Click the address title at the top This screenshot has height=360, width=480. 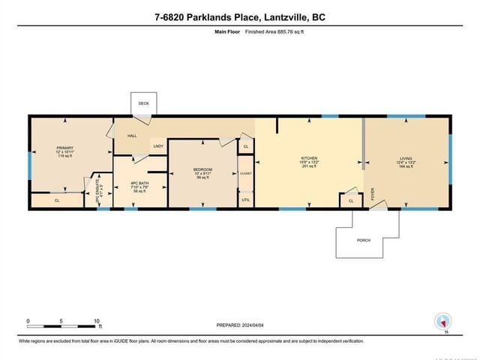[240, 17]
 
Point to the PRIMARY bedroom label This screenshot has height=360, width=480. [65, 148]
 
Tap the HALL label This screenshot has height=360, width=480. [132, 136]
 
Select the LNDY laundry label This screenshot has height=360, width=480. [158, 145]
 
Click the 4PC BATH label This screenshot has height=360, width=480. [139, 184]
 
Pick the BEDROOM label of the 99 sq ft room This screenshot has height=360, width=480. [202, 170]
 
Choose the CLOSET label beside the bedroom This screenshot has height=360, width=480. [246, 173]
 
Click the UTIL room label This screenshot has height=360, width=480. [246, 199]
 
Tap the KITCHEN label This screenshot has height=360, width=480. [309, 158]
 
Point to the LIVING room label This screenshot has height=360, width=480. [405, 158]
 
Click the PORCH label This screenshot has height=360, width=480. [363, 240]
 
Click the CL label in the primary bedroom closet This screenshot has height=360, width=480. [57, 200]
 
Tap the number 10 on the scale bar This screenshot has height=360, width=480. [97, 321]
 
